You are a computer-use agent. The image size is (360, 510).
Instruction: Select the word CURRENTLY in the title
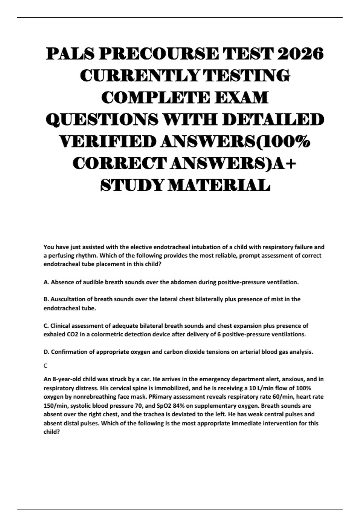[140, 76]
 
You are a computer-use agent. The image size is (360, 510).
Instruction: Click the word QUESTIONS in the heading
[102, 120]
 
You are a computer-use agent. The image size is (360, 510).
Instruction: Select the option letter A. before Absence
[46, 282]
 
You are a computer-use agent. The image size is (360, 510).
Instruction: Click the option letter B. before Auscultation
[46, 299]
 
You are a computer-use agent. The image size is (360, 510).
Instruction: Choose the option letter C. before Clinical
[46, 325]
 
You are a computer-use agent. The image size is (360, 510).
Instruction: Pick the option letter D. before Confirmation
[46, 352]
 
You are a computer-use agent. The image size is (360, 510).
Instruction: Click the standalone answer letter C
[46, 366]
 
